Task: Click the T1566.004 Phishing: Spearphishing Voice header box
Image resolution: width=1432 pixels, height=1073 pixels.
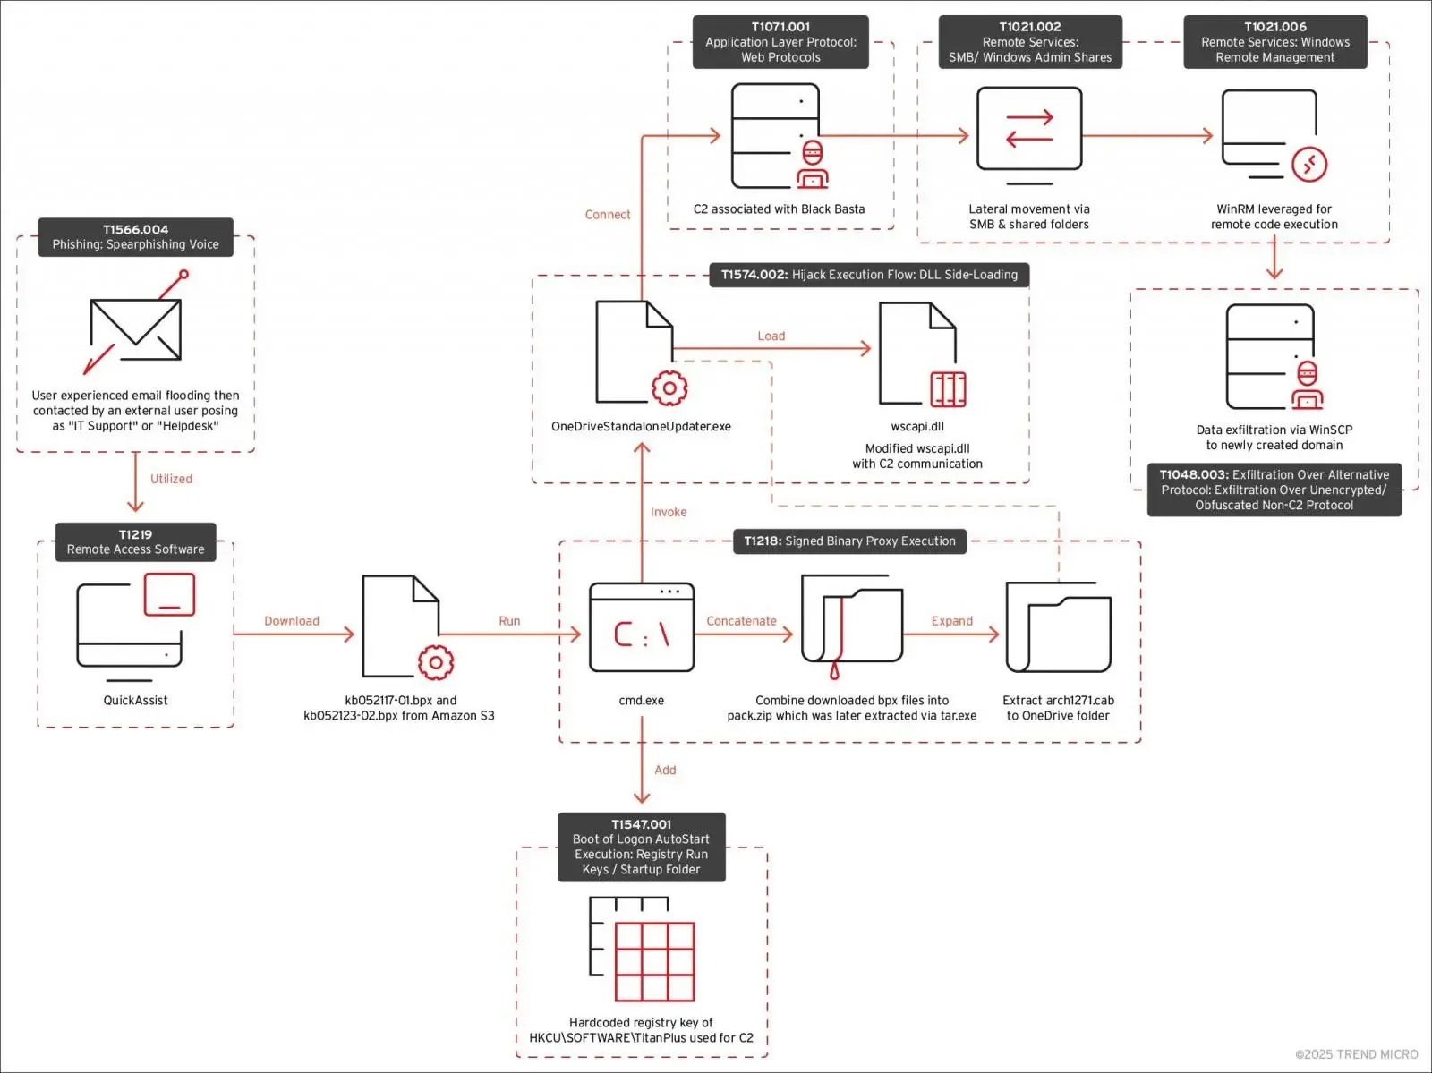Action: (x=135, y=237)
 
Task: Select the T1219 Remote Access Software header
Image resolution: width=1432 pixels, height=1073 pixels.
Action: (x=135, y=542)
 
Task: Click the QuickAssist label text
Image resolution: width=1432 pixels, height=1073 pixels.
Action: (x=135, y=701)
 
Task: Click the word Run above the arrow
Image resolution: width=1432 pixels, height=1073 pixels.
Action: (x=509, y=621)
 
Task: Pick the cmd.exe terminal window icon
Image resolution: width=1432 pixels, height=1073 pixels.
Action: (x=642, y=627)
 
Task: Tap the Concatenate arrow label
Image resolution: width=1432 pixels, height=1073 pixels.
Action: (x=741, y=621)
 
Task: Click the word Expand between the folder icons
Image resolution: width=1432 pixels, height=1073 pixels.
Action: (x=951, y=621)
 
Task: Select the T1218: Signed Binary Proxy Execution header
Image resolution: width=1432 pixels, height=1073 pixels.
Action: (x=849, y=541)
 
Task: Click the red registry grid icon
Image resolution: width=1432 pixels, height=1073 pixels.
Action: (x=654, y=961)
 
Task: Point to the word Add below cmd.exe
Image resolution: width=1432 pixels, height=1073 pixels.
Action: (x=665, y=770)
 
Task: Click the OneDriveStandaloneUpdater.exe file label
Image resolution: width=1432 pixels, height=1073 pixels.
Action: (x=641, y=427)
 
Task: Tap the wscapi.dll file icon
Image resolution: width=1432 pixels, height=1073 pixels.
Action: (x=920, y=354)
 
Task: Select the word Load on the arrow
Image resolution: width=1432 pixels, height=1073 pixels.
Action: (x=771, y=336)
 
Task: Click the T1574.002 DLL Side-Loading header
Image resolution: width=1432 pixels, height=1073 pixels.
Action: (x=869, y=275)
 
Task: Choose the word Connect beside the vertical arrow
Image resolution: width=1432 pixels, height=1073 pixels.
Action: (x=608, y=215)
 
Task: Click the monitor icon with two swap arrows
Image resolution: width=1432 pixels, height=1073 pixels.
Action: (x=1029, y=130)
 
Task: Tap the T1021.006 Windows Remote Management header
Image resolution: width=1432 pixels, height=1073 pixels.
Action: (x=1275, y=42)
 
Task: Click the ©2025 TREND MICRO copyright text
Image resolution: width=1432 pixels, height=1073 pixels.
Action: (x=1356, y=1054)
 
